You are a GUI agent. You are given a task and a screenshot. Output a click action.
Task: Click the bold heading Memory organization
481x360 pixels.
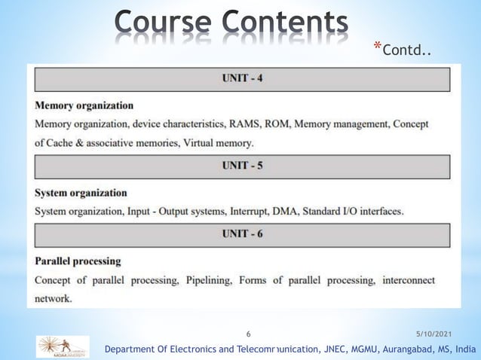84,105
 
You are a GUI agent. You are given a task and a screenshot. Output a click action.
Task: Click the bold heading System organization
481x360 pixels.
81,193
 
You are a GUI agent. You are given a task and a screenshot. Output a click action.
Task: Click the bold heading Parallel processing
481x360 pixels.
78,261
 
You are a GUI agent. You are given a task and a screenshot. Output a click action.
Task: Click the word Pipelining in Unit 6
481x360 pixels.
206,280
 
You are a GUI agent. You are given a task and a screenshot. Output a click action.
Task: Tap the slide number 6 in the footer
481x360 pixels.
249,333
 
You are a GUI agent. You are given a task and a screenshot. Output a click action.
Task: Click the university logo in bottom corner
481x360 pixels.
63,346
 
